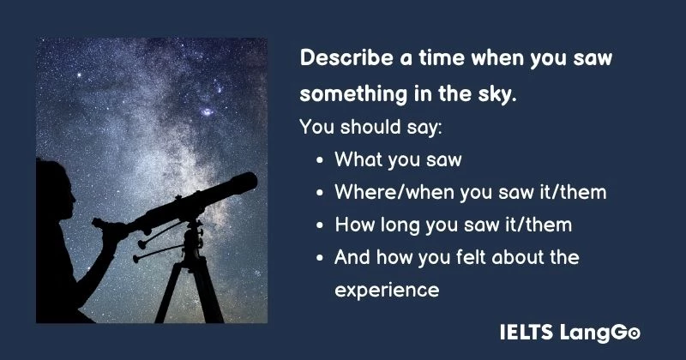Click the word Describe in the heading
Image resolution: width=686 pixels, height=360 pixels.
click(340, 58)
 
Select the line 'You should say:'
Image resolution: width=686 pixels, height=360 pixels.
click(370, 127)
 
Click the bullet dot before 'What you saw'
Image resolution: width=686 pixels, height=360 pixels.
click(320, 160)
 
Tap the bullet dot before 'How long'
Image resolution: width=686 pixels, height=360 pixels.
click(320, 225)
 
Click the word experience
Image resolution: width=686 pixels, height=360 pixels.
click(387, 291)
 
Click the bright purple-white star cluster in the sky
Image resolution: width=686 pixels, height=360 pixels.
click(208, 111)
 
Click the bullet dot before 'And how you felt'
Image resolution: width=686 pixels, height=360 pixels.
click(320, 258)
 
